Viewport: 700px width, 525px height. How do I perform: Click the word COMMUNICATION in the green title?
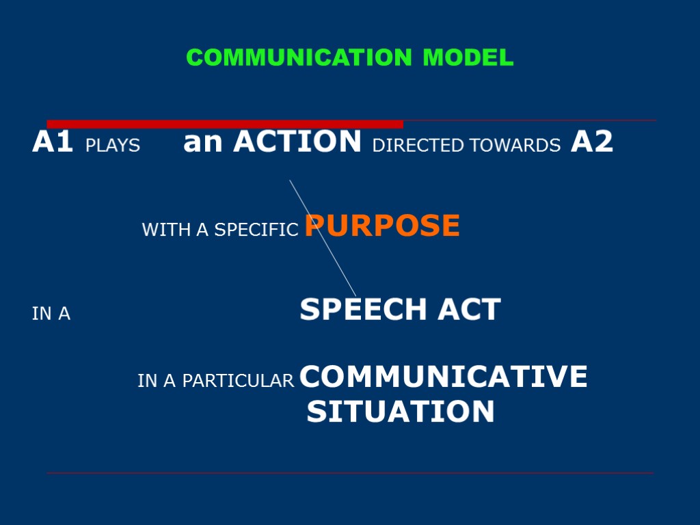299,58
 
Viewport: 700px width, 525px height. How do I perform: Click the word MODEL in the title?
468,58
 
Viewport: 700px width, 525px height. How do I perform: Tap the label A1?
53,142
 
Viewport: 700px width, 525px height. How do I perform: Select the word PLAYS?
113,146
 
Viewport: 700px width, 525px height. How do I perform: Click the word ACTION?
297,142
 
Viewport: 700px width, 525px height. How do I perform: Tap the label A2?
592,142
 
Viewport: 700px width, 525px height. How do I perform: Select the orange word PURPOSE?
383,226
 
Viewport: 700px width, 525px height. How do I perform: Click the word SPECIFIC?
257,230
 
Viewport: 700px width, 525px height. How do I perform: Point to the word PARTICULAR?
238,381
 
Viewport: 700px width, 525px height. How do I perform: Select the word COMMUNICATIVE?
444,377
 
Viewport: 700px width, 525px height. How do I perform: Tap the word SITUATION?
401,412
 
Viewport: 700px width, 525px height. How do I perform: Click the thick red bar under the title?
225,124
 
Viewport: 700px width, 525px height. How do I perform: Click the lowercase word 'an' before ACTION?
204,142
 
